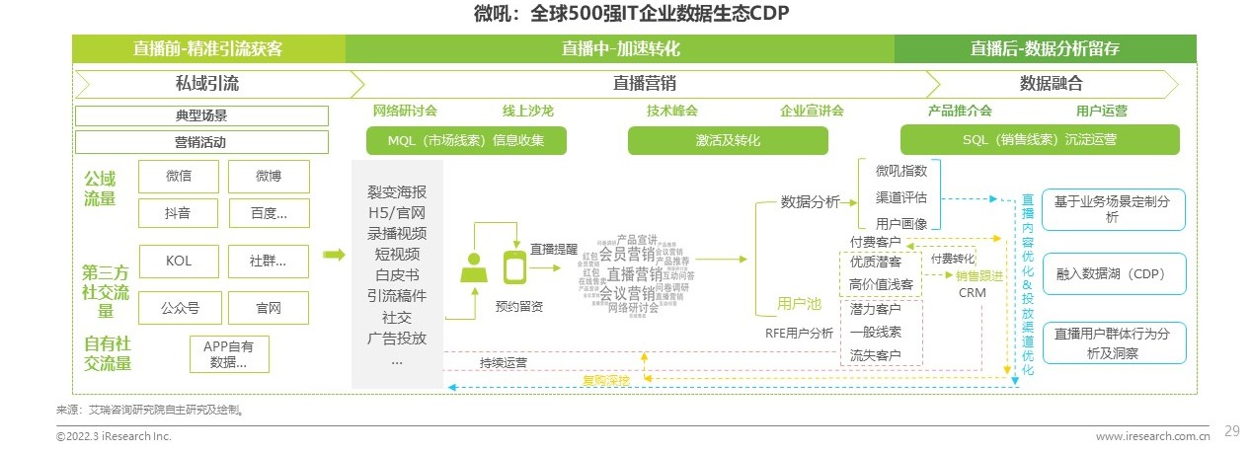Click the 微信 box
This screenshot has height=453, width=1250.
click(179, 177)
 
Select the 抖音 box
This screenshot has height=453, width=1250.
click(179, 212)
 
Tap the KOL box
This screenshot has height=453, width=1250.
click(179, 262)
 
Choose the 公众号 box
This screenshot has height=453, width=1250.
click(179, 308)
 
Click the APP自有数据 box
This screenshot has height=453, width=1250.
click(228, 353)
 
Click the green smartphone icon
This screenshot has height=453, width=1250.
click(514, 266)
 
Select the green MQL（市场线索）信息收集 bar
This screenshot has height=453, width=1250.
click(466, 140)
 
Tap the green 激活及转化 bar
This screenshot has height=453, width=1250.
click(728, 140)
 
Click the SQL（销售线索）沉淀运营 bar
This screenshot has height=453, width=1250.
click(1040, 140)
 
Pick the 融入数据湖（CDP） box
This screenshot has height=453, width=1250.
click(1113, 273)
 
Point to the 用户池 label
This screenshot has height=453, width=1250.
click(799, 303)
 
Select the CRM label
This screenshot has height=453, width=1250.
click(972, 293)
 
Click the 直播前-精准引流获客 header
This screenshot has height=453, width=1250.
click(208, 48)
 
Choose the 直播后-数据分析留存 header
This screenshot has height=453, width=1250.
click(1045, 48)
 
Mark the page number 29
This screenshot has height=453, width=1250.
click(1231, 430)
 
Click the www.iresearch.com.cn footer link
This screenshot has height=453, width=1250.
click(1152, 436)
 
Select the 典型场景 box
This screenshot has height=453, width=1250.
click(201, 115)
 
